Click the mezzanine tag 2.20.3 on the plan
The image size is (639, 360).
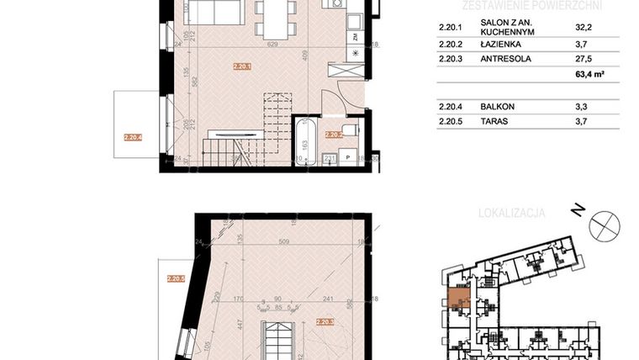325,321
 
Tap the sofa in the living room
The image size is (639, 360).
214,12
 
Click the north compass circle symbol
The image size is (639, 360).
605,225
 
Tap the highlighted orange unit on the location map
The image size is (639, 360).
459,296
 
